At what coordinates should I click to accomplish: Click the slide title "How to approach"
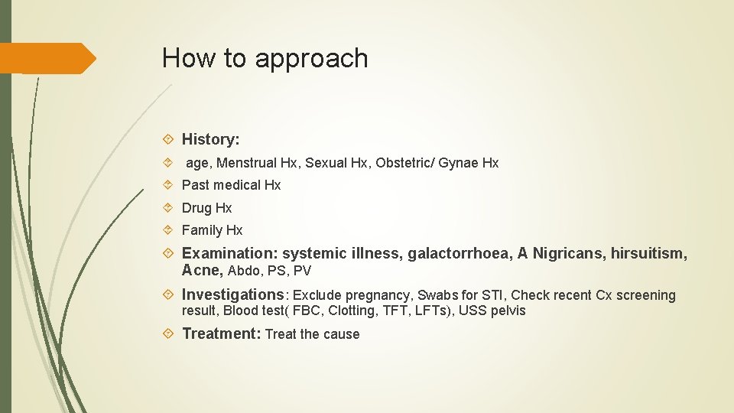pos(265,59)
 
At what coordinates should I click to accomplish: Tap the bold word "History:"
pos(210,139)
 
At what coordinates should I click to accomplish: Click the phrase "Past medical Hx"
pos(231,185)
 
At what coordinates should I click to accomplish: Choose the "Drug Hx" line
pos(206,208)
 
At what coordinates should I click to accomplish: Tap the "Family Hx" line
pos(212,230)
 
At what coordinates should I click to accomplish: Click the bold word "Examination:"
pos(229,254)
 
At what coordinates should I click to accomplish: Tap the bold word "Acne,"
pos(203,271)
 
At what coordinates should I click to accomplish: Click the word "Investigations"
pos(232,294)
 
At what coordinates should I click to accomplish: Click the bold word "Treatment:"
pos(221,333)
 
